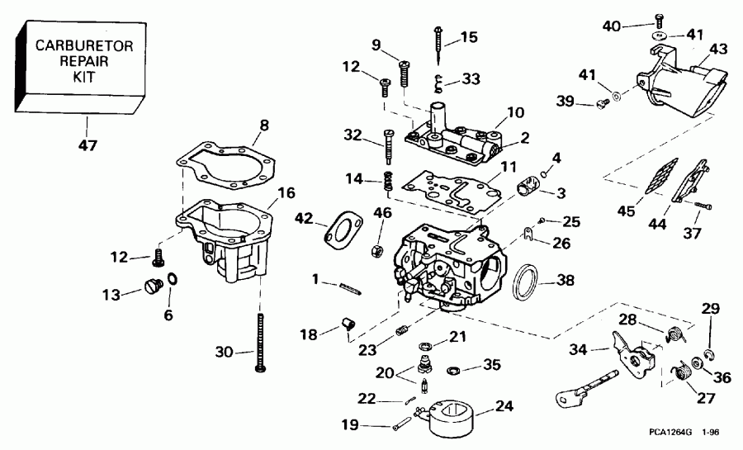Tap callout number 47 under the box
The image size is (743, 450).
(x=88, y=146)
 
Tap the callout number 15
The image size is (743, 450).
(x=468, y=36)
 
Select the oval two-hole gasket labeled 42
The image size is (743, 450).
(x=339, y=230)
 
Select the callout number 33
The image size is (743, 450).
(x=471, y=80)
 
